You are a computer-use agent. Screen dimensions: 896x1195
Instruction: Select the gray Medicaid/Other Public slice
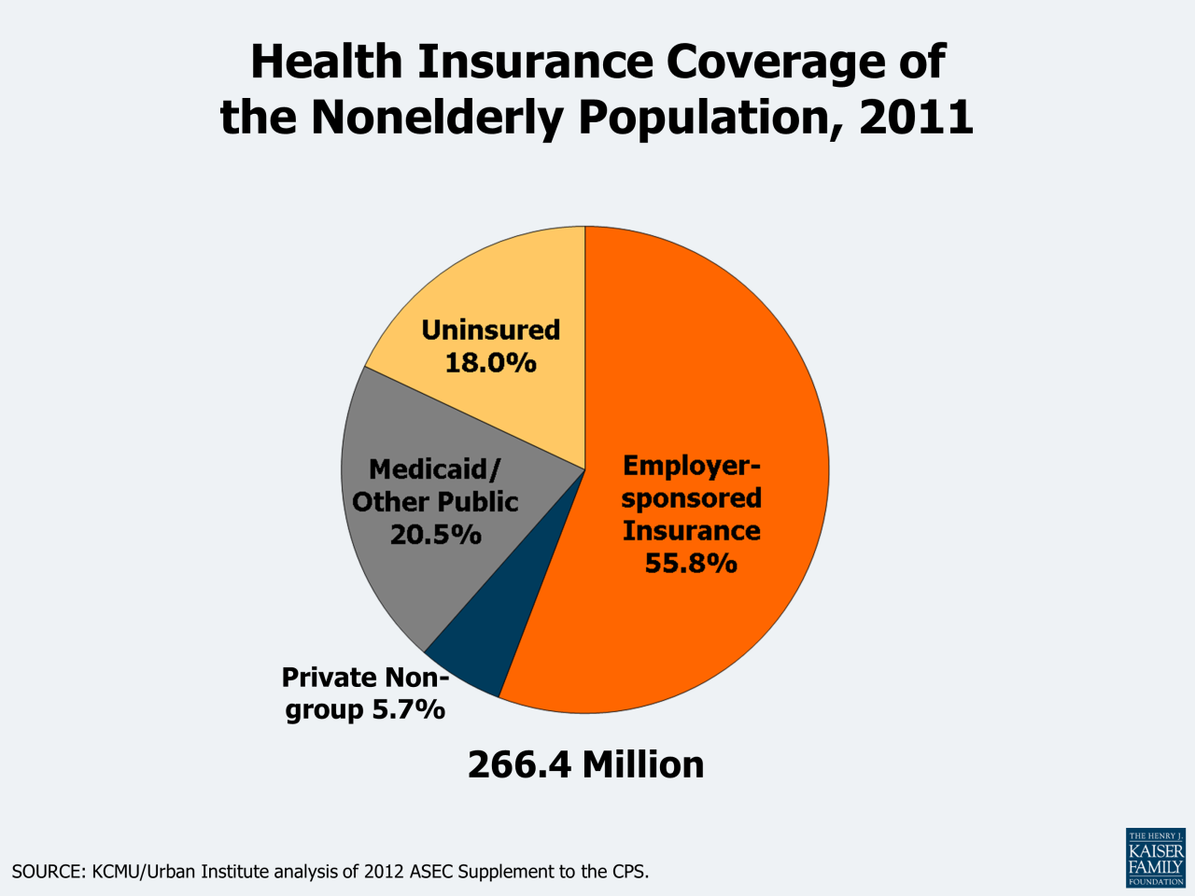[392, 579]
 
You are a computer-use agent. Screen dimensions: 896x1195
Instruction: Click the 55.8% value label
[691, 564]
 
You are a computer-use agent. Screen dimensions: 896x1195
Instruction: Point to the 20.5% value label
[435, 535]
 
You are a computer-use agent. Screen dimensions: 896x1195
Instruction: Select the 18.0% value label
[490, 362]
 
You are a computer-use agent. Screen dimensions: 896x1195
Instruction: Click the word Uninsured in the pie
[490, 329]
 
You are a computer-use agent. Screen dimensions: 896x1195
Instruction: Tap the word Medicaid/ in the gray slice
[435, 469]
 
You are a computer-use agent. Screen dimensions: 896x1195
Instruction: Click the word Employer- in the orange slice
[692, 465]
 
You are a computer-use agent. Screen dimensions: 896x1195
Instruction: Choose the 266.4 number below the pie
[520, 764]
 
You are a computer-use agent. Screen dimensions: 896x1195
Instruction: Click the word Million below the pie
[643, 764]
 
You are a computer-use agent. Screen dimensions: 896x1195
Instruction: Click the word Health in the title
[326, 62]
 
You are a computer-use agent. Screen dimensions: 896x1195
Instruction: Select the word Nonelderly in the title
[437, 118]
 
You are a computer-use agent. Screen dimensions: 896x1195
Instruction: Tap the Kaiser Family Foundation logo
[1156, 857]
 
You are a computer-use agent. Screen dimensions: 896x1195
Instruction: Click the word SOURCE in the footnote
[47, 872]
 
